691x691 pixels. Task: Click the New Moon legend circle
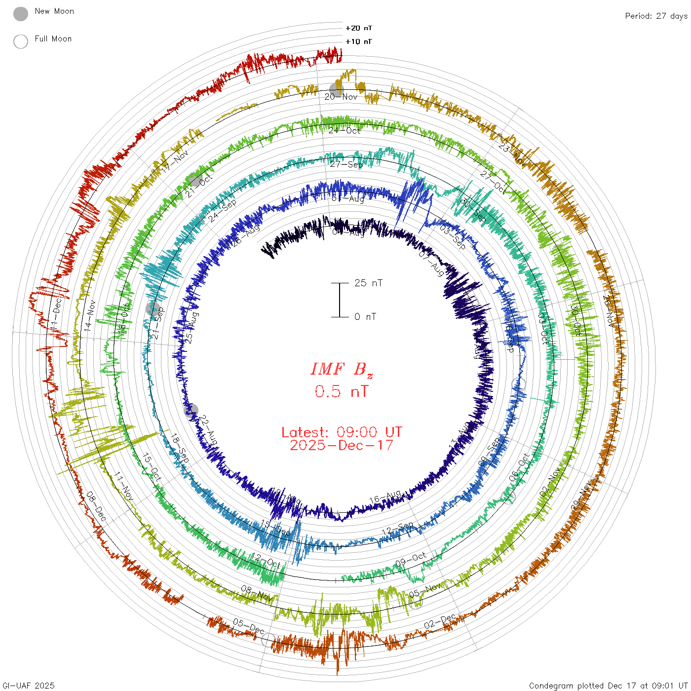pyautogui.click(x=21, y=14)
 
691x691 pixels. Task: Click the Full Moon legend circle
pyautogui.click(x=21, y=41)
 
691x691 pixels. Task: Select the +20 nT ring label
pyautogui.click(x=359, y=28)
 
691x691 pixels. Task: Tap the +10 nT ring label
pyautogui.click(x=359, y=41)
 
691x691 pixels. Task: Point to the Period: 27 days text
pyautogui.click(x=656, y=16)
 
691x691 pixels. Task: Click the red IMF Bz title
pyautogui.click(x=342, y=369)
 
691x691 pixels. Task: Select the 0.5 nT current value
pyautogui.click(x=342, y=392)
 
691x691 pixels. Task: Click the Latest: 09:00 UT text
pyautogui.click(x=342, y=432)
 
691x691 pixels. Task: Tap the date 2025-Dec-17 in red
pyautogui.click(x=342, y=445)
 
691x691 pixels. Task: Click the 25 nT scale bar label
pyautogui.click(x=368, y=283)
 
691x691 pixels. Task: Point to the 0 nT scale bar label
pyautogui.click(x=365, y=317)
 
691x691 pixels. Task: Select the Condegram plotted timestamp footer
pyautogui.click(x=608, y=686)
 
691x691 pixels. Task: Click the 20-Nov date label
pyautogui.click(x=341, y=97)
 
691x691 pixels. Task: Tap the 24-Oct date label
pyautogui.click(x=344, y=130)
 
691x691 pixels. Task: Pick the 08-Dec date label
pyautogui.click(x=96, y=506)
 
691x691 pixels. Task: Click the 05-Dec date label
pyautogui.click(x=248, y=625)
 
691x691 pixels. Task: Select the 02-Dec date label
pyautogui.click(x=440, y=621)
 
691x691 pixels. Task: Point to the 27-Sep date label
pyautogui.click(x=346, y=164)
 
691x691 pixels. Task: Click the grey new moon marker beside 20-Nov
pyautogui.click(x=336, y=90)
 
